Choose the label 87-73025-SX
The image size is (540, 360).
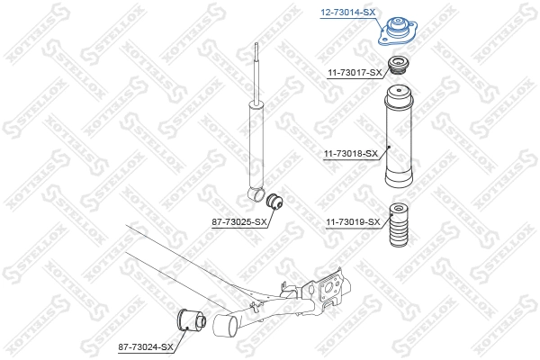click(x=239, y=220)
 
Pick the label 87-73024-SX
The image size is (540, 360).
click(x=144, y=346)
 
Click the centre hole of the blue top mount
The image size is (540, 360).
click(x=393, y=25)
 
